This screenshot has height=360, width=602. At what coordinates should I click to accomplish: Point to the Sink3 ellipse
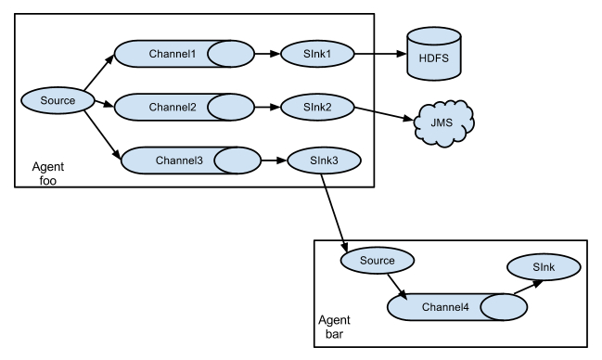pyautogui.click(x=323, y=160)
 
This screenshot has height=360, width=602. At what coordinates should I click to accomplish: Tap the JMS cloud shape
pyautogui.click(x=443, y=122)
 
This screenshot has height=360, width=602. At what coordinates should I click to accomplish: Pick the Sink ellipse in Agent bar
pyautogui.click(x=543, y=267)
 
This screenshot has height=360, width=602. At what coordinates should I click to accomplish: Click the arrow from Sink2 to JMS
pyautogui.click(x=382, y=113)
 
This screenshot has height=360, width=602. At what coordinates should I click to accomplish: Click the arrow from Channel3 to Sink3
pyautogui.click(x=272, y=160)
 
